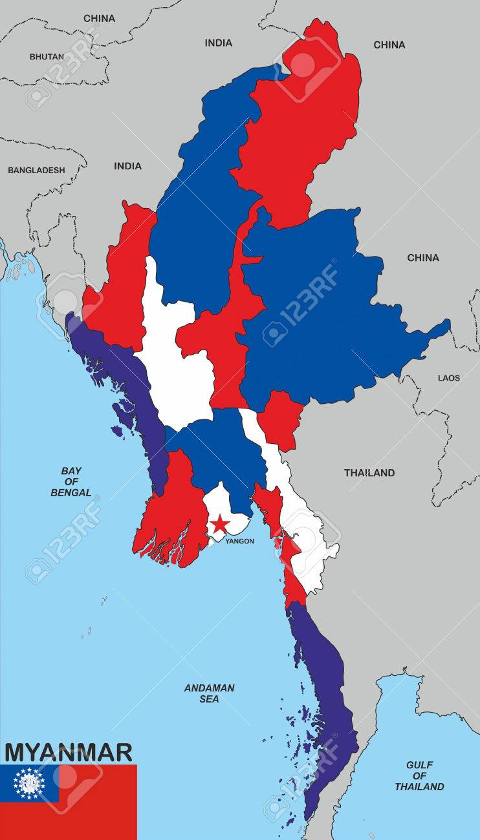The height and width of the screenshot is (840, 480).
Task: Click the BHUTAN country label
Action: coord(47,56)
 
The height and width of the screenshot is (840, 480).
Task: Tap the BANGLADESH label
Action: coord(36,170)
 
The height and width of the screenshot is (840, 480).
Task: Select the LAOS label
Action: coord(449,377)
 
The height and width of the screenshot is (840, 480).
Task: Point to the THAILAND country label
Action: coord(369,473)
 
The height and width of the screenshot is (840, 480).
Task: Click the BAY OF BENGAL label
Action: coord(71,481)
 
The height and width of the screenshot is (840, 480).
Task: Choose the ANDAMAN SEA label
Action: coord(209,693)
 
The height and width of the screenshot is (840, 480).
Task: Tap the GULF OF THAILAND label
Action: coord(419,775)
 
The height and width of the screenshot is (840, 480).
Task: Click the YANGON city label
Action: coord(239,541)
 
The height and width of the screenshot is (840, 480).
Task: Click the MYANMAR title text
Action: coord(69,752)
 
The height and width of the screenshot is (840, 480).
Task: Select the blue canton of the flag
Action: coord(30,783)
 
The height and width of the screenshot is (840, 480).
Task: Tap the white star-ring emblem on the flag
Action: coord(30,783)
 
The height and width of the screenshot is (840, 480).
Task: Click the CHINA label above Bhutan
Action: coord(99,18)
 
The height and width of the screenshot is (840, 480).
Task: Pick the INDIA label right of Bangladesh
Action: coord(127,166)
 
